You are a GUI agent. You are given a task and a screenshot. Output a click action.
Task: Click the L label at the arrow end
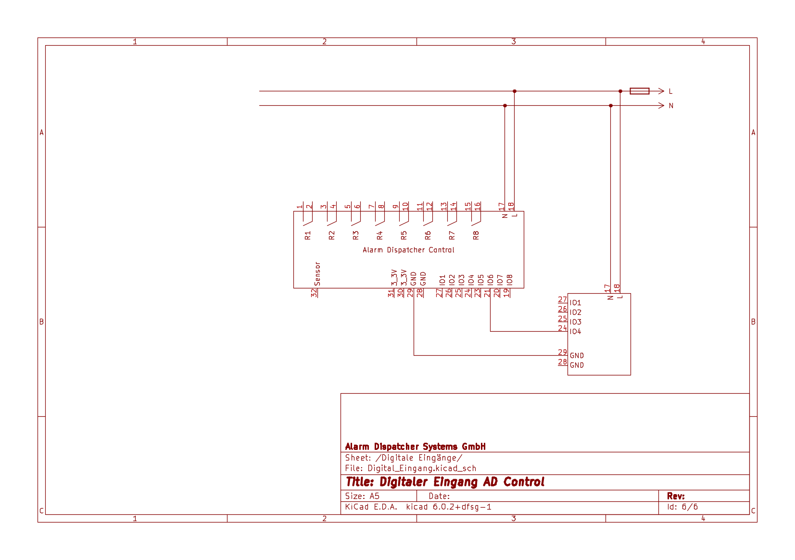670,91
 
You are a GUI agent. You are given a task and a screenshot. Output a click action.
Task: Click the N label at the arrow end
671,106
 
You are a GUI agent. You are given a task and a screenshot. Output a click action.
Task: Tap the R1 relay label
308,235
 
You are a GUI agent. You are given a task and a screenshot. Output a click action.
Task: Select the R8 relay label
476,235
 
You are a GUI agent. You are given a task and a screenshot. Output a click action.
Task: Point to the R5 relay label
404,235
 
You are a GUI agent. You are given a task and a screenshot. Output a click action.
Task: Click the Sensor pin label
317,274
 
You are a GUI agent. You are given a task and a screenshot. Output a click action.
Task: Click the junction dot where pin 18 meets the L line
515,91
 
